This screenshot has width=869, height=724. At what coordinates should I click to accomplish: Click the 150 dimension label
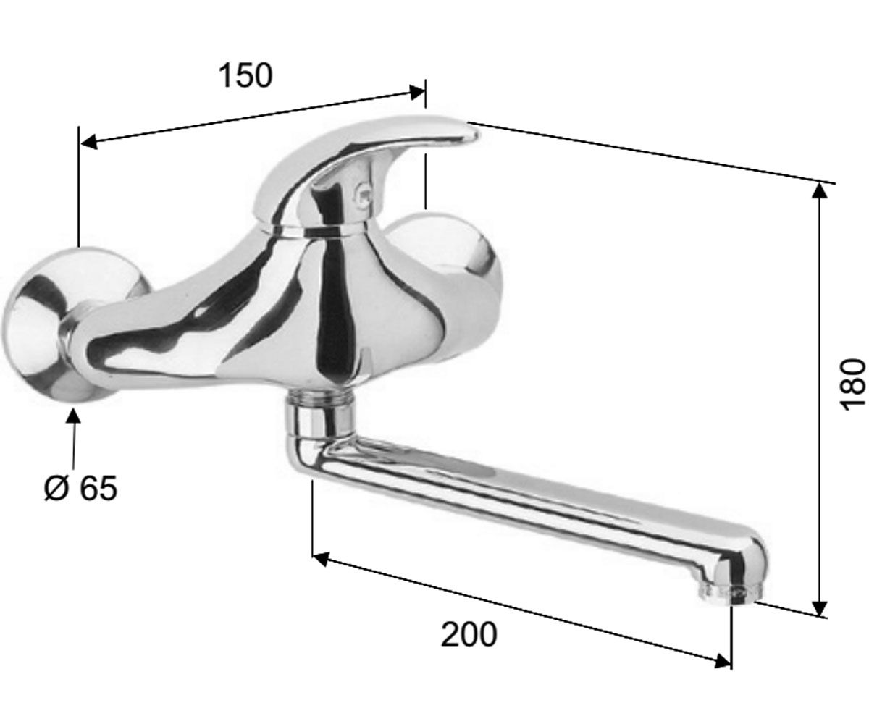[245, 76]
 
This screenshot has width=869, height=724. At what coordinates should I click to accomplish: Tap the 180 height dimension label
[852, 383]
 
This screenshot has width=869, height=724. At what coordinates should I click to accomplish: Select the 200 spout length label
[469, 634]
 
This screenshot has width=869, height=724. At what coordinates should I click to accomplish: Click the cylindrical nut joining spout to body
[319, 416]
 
